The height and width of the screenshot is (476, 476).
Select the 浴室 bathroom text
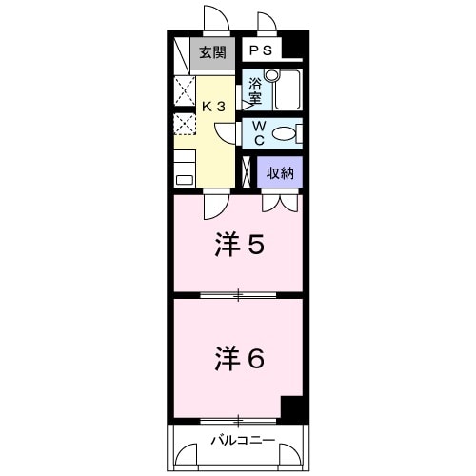[255, 90]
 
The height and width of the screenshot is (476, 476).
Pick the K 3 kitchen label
[212, 107]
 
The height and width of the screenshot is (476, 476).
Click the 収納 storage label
[279, 172]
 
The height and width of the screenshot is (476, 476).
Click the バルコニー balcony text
[242, 440]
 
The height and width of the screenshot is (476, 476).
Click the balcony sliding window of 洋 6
[237, 419]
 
